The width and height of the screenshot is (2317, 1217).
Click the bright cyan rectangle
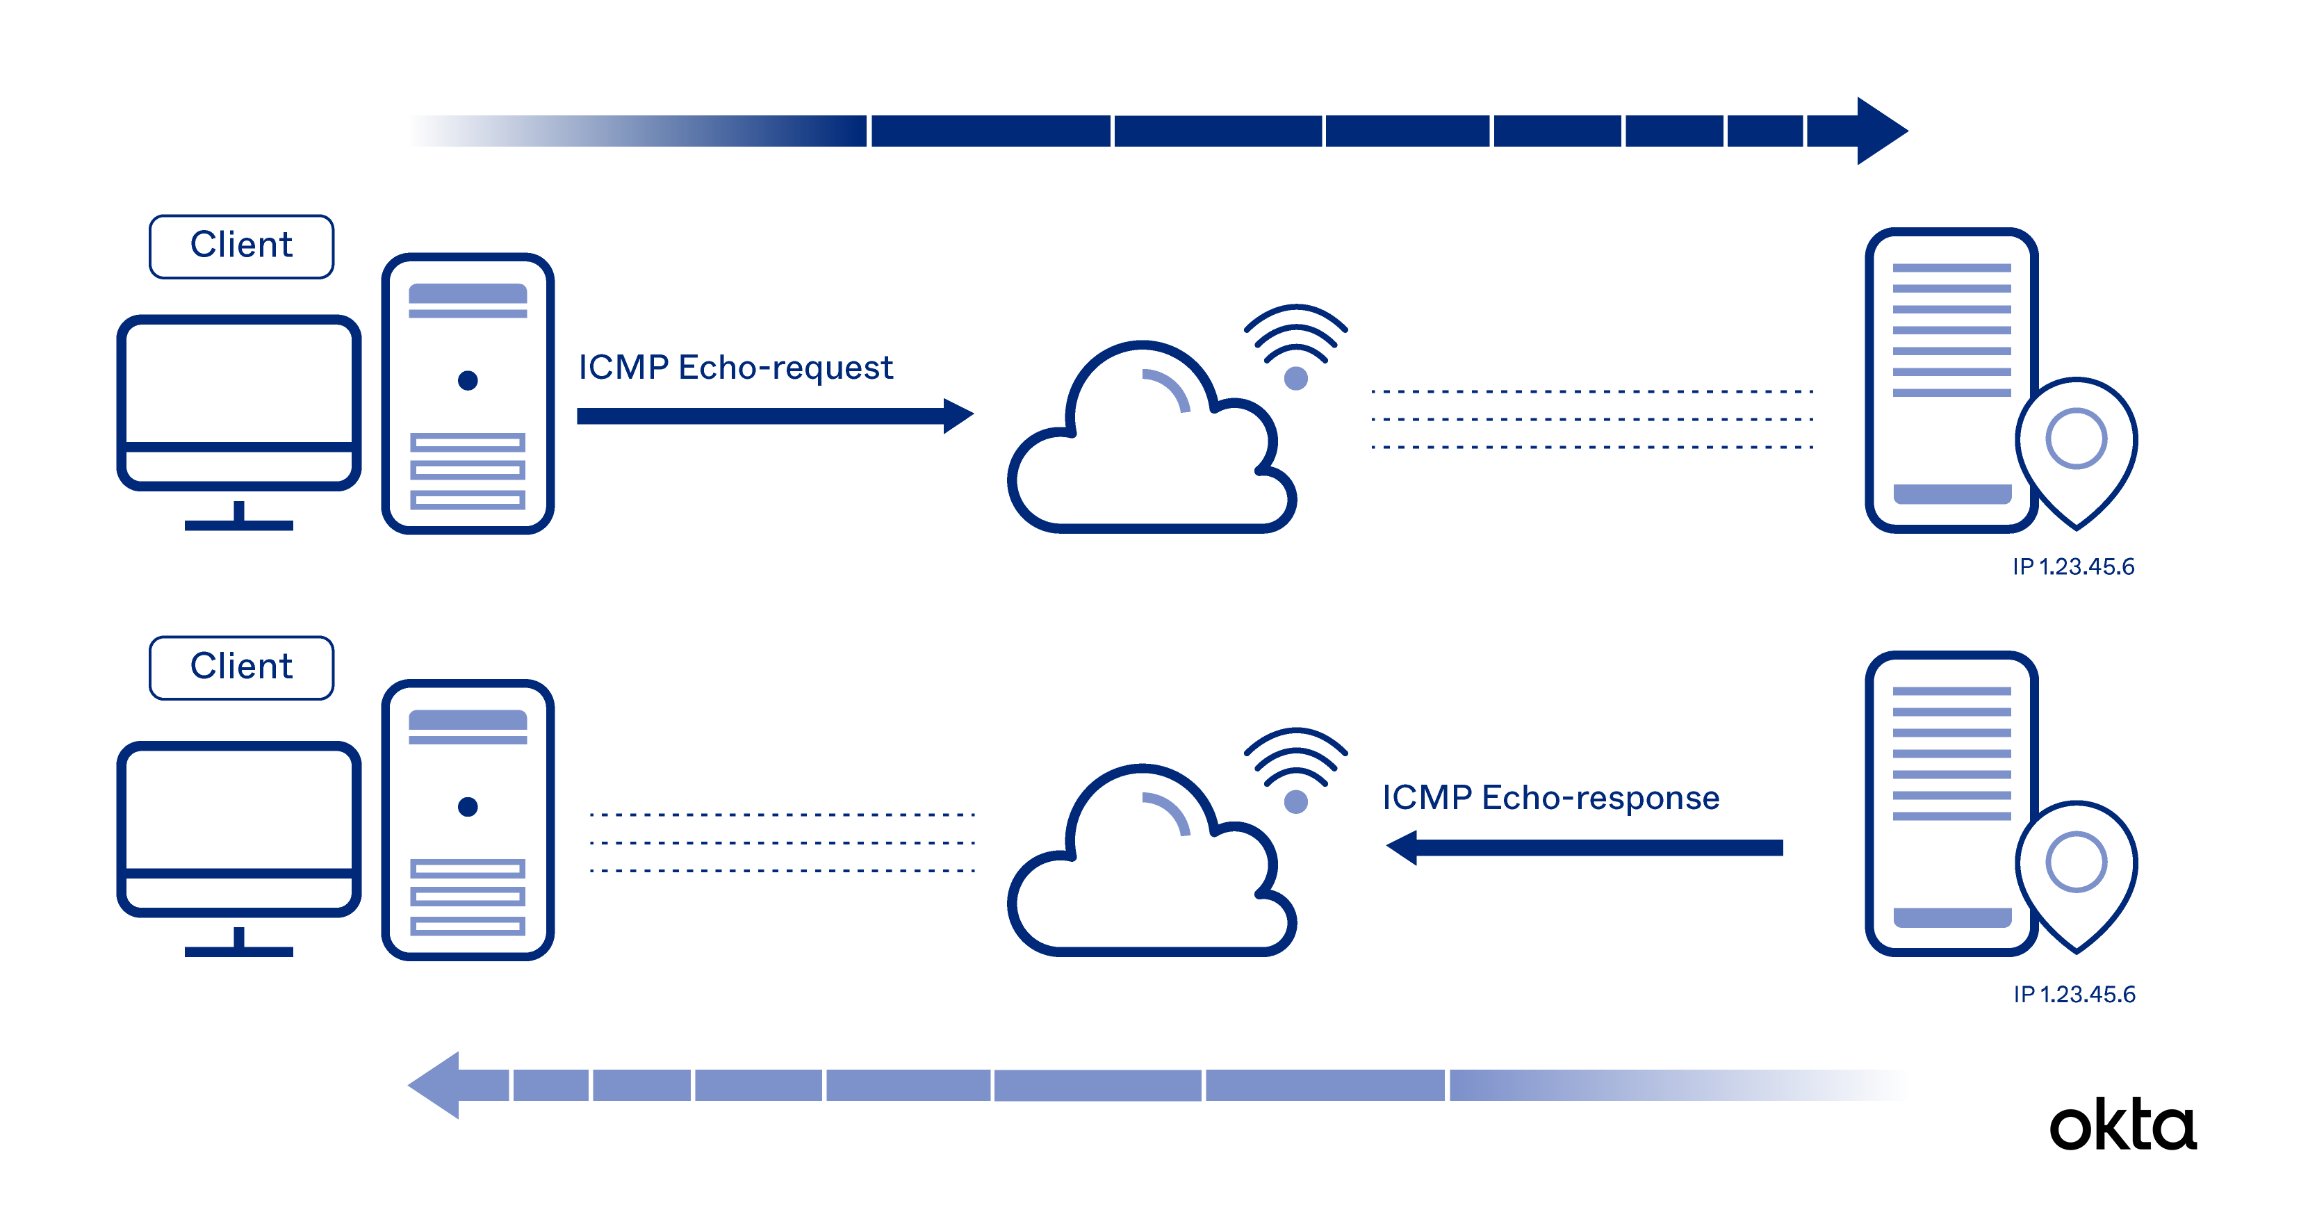[x=2258, y=360]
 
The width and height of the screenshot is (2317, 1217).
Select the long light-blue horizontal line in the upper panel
[x=1574, y=378]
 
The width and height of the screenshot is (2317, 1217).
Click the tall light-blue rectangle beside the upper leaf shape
[x=1960, y=342]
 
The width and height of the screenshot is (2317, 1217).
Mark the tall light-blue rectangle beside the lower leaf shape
[x=1960, y=749]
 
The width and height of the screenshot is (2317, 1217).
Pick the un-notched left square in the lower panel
[x=477, y=900]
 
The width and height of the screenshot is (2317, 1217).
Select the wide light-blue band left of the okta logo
[x=1079, y=1095]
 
